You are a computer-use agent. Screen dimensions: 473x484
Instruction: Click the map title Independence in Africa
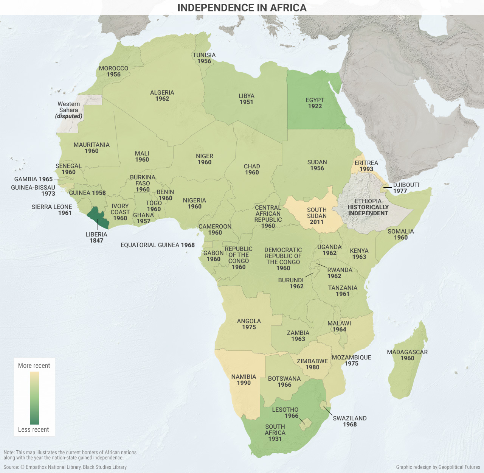[x=242, y=8]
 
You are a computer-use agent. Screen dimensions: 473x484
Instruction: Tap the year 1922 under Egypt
[x=315, y=106]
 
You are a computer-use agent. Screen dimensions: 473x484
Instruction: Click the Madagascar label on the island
[x=407, y=352]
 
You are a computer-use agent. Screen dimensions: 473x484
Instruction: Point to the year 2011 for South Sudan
[x=316, y=222]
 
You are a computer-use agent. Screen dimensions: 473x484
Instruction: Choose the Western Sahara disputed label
[x=69, y=110]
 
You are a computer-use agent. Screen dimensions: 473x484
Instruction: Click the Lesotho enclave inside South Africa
[x=305, y=424]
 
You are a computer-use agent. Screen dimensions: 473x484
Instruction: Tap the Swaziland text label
[x=349, y=418]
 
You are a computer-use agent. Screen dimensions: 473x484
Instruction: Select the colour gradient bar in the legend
[x=34, y=398]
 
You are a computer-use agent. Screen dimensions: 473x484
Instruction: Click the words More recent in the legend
[x=34, y=366]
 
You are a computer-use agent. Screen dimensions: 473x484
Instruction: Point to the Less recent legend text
[x=34, y=429]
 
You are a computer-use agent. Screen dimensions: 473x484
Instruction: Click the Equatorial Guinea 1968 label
[x=157, y=245]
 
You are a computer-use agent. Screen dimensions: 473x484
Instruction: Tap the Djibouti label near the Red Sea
[x=406, y=185]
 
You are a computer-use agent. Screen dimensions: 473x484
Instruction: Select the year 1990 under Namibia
[x=244, y=383]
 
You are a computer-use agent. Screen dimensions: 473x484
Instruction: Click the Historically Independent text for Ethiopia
[x=368, y=210]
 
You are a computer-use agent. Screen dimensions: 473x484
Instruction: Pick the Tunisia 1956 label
[x=204, y=58]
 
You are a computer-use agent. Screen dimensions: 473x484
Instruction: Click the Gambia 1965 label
[x=33, y=179]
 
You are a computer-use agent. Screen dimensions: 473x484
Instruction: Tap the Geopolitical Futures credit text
[x=438, y=467]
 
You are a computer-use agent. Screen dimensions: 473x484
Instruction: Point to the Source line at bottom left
[x=65, y=467]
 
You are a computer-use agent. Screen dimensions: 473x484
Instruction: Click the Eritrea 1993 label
[x=366, y=166]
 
